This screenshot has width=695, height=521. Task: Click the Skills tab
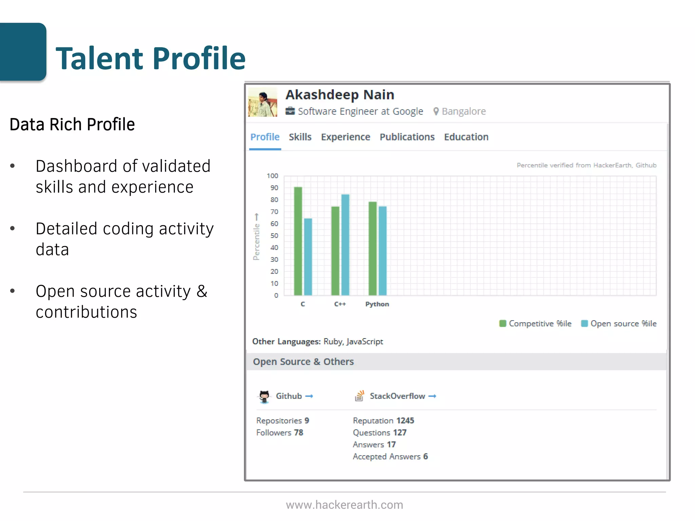coord(300,137)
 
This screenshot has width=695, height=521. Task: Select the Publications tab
coord(407,137)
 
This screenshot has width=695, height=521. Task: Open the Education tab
coord(466,137)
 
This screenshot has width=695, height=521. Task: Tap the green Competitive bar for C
coord(298,241)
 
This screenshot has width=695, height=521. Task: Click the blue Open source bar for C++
coord(345,245)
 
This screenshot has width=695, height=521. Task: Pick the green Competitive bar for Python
coord(373,248)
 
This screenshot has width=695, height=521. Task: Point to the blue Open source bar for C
coord(308,257)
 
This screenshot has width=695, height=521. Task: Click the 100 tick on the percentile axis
coord(272,176)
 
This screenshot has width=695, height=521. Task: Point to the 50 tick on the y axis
coord(274,236)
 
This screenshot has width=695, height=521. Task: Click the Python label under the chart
coord(377,304)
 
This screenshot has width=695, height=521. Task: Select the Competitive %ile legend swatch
coord(503,324)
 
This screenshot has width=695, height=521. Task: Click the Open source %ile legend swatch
coord(584,324)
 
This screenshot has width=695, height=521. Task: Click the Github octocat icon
coord(264,396)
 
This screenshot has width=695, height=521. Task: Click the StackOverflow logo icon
coord(359,396)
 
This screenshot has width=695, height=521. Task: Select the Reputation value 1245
coord(405,421)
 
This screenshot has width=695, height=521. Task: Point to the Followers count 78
coord(298,433)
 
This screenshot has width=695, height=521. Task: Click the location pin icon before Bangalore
coord(436,111)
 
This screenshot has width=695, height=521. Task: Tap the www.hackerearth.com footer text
coord(344,505)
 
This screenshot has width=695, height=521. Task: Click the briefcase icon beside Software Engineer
coord(290,111)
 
